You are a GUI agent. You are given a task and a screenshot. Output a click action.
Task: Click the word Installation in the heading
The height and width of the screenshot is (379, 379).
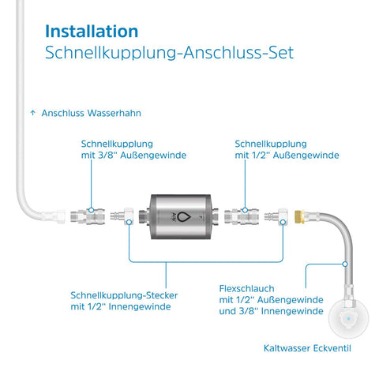click(x=92, y=31)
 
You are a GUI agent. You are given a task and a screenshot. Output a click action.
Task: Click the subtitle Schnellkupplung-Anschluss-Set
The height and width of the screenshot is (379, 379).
click(x=169, y=53)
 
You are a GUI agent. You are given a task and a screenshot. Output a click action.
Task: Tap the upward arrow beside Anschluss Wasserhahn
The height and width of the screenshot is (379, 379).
click(x=32, y=113)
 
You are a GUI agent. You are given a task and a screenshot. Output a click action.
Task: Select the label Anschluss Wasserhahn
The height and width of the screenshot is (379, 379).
click(x=92, y=113)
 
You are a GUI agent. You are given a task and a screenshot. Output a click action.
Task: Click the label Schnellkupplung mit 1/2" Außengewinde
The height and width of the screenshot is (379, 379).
click(x=287, y=149)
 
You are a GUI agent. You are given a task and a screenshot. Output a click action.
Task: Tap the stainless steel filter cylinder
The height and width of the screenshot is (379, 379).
click(x=181, y=216)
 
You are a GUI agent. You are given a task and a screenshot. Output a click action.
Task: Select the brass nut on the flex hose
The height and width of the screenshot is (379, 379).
click(x=299, y=216)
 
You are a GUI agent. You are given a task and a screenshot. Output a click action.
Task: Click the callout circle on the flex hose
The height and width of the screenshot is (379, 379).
click(x=345, y=264)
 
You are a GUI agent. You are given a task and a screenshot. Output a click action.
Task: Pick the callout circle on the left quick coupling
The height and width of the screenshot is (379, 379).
click(x=91, y=210)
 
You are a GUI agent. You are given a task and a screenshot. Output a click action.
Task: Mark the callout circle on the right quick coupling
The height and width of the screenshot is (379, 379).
click(x=245, y=210)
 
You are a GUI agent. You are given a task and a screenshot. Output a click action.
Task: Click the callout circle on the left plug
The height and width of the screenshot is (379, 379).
click(x=129, y=223)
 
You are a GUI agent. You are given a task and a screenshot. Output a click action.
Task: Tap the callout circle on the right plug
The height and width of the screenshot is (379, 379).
click(x=283, y=223)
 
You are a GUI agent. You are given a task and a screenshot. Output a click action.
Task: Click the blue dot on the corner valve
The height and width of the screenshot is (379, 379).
click(x=349, y=319)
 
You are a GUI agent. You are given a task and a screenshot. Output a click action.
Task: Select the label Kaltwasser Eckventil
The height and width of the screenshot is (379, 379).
click(x=307, y=348)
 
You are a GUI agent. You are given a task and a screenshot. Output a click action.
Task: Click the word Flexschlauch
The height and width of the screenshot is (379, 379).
click(x=246, y=289)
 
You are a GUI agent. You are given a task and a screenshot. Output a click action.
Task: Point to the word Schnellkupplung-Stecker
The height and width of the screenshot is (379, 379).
click(x=124, y=295)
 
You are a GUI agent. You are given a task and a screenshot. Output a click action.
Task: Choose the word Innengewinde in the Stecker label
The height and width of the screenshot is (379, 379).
click(x=140, y=306)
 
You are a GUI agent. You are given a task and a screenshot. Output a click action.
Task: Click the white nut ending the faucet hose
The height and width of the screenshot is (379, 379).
click(x=61, y=216)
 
